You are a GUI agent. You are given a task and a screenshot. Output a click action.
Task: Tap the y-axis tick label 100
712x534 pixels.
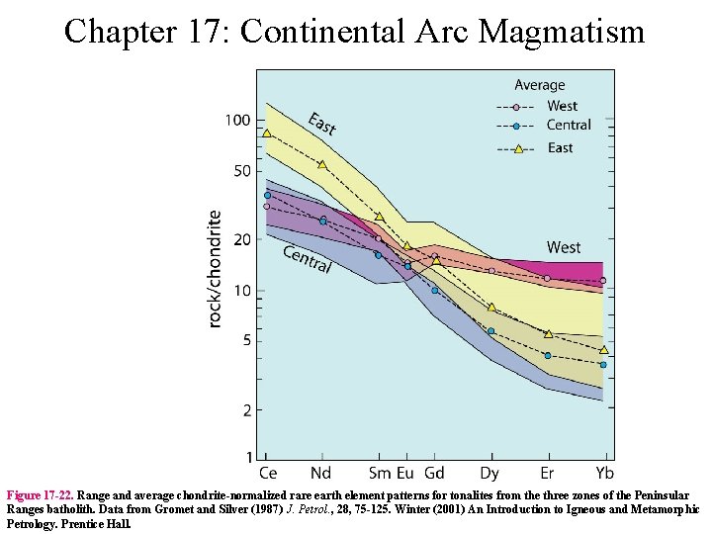(237, 121)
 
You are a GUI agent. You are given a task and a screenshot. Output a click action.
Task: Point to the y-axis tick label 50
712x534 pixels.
(241, 171)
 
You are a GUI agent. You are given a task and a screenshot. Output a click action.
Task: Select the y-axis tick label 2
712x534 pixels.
(246, 409)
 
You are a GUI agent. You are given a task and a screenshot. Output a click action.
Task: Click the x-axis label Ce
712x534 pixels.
(267, 473)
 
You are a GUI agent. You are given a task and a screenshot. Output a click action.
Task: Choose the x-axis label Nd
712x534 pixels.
(322, 473)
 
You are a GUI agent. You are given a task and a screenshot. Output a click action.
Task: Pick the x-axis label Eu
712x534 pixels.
(405, 473)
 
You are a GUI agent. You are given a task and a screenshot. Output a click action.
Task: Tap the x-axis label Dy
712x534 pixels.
(489, 473)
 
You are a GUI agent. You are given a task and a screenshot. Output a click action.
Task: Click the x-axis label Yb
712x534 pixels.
(603, 473)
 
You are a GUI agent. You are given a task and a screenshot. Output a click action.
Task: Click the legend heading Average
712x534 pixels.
(540, 86)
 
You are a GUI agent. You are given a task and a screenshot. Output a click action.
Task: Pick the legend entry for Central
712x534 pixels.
(569, 126)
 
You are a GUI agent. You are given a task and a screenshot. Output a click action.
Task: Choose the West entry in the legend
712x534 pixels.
(562, 106)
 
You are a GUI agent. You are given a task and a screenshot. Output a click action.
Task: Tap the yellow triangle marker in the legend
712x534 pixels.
(516, 148)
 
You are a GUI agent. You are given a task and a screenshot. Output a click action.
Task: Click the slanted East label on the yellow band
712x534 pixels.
(322, 124)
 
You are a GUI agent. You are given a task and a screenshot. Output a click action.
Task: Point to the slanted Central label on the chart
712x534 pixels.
(307, 259)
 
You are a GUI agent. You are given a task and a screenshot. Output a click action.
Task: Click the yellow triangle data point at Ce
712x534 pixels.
(267, 133)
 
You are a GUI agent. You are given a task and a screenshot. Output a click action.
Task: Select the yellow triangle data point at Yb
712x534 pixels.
(603, 349)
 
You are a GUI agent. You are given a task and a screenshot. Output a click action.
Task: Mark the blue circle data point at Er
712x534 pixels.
(547, 355)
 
